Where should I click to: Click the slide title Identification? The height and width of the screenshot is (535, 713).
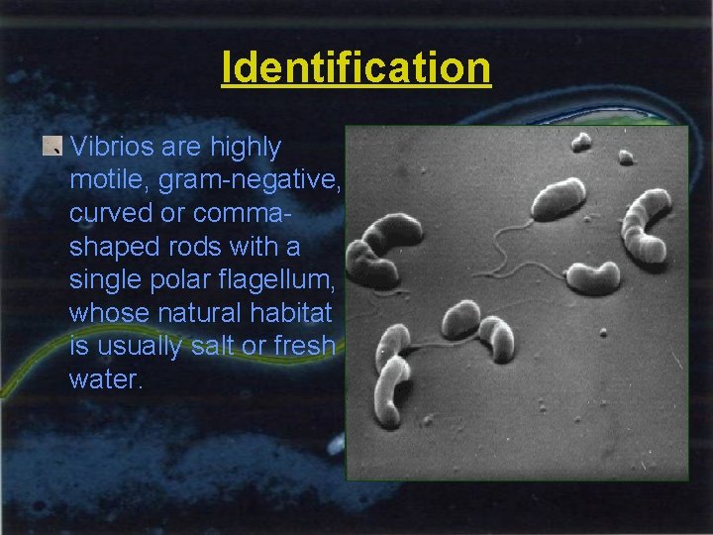(356, 68)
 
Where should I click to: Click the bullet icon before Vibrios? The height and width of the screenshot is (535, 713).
(53, 148)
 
